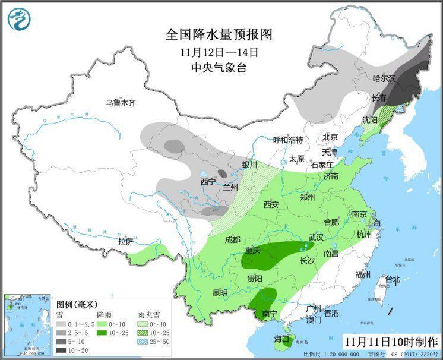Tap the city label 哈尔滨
tap(384, 78)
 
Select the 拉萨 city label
tap(125, 241)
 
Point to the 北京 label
tap(330, 137)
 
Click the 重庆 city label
tap(252, 251)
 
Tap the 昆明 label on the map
tap(220, 293)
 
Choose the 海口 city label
tap(281, 340)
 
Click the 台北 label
tap(393, 279)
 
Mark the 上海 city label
tap(374, 223)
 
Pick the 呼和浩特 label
tap(288, 140)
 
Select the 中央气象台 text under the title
tap(219, 68)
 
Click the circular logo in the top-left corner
tap(19, 19)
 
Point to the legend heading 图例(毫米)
tap(76, 304)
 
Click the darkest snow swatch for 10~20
tap(61, 350)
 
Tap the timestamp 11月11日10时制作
tap(391, 342)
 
